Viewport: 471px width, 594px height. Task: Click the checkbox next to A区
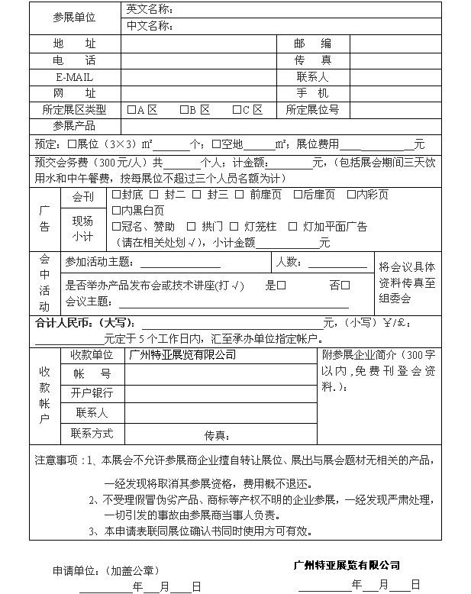(132, 110)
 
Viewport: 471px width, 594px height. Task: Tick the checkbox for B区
(184, 110)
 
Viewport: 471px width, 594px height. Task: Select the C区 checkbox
(237, 110)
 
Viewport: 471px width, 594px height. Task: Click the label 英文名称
(149, 10)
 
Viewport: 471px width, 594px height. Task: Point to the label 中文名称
(149, 26)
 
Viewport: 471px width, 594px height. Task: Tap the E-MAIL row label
(74, 77)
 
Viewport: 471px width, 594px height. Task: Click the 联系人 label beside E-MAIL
(312, 77)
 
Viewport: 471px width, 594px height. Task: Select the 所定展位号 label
(312, 110)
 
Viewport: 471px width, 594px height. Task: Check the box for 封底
(117, 195)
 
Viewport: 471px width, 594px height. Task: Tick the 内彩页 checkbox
(352, 195)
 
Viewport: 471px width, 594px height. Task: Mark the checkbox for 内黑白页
(117, 210)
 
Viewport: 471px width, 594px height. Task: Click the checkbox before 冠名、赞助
(117, 227)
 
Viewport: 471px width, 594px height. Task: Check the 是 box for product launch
(282, 286)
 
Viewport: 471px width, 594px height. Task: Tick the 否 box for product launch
(345, 286)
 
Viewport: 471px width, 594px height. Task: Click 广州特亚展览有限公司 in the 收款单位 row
(182, 355)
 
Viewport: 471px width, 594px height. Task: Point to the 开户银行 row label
(92, 394)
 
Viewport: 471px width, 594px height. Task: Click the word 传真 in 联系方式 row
(218, 436)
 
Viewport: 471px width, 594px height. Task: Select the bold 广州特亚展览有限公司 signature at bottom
(347, 566)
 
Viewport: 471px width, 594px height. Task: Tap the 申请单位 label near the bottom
(76, 570)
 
